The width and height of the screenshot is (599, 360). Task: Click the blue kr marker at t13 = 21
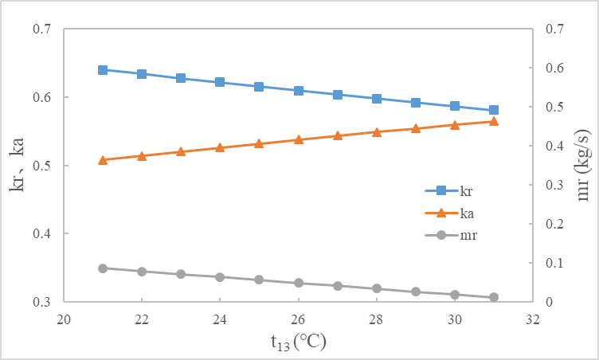[103, 70]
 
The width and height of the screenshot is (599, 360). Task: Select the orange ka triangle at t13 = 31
[494, 122]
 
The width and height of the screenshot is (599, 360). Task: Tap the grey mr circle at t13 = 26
[299, 283]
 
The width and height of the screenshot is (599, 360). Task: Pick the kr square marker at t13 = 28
[377, 99]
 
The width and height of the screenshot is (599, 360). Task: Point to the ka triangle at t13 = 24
[220, 147]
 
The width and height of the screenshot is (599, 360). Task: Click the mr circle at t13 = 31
[494, 297]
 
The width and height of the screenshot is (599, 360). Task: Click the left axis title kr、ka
[18, 165]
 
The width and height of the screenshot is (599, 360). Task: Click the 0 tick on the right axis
[549, 302]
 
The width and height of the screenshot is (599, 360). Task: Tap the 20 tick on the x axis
[64, 318]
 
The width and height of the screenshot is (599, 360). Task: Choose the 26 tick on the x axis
[299, 318]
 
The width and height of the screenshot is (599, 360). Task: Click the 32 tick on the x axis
[533, 318]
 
